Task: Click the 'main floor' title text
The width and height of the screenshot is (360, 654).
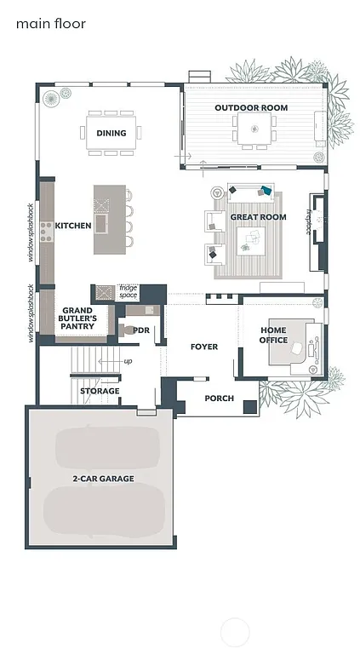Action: [50, 24]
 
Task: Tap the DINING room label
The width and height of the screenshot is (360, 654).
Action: [111, 133]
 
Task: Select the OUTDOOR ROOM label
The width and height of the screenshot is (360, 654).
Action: [251, 108]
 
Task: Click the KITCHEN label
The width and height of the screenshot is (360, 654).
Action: [73, 226]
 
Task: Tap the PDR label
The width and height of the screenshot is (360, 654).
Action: [141, 330]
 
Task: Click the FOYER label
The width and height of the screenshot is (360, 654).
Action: [203, 347]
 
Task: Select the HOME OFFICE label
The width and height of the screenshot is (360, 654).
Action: [273, 335]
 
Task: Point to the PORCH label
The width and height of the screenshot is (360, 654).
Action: [219, 398]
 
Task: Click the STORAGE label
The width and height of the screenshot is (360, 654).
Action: [100, 391]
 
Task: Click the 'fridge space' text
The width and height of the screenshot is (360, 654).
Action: [128, 291]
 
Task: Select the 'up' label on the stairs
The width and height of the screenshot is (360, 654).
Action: [129, 362]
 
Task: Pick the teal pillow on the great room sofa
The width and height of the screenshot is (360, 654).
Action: [266, 192]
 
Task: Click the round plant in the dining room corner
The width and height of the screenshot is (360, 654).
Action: [52, 99]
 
